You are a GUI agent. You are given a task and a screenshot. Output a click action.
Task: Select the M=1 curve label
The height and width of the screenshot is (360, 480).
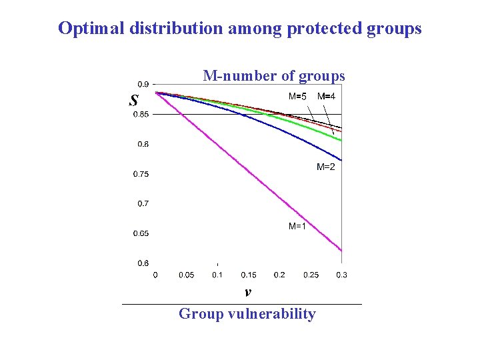[x=297, y=227]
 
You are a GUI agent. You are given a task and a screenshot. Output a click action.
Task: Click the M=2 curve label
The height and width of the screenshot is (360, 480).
[x=325, y=167]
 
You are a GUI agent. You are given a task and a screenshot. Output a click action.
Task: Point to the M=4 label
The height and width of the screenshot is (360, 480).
[x=326, y=97]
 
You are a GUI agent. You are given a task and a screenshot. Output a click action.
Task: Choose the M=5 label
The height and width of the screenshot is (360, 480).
[x=297, y=97]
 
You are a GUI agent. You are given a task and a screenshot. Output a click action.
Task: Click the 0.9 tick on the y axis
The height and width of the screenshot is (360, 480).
[x=143, y=85]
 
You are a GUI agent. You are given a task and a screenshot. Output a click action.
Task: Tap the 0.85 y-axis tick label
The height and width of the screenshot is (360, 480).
[x=141, y=115]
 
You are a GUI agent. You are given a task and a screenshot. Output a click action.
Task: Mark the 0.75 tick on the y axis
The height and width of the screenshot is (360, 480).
[x=141, y=174]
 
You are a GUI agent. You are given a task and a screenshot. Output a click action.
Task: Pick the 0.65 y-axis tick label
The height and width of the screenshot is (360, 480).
[x=141, y=233]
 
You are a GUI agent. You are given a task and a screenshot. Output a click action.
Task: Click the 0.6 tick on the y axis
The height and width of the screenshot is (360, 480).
[x=143, y=263]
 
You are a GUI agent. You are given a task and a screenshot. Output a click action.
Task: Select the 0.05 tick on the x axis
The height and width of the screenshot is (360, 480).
[x=187, y=275]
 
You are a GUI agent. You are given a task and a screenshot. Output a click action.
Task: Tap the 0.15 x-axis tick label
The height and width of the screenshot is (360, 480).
[x=249, y=275]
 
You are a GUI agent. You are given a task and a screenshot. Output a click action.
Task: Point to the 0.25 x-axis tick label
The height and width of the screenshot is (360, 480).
[x=311, y=275]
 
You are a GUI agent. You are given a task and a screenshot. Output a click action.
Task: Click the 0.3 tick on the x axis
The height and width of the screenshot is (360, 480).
[x=341, y=275]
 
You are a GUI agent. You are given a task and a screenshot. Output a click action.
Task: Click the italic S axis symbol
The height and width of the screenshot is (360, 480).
[x=134, y=101]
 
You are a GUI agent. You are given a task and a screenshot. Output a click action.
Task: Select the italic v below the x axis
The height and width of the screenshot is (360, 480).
[x=247, y=292]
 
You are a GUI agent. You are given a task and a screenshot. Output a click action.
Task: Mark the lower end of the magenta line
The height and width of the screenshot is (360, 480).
[x=341, y=251]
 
